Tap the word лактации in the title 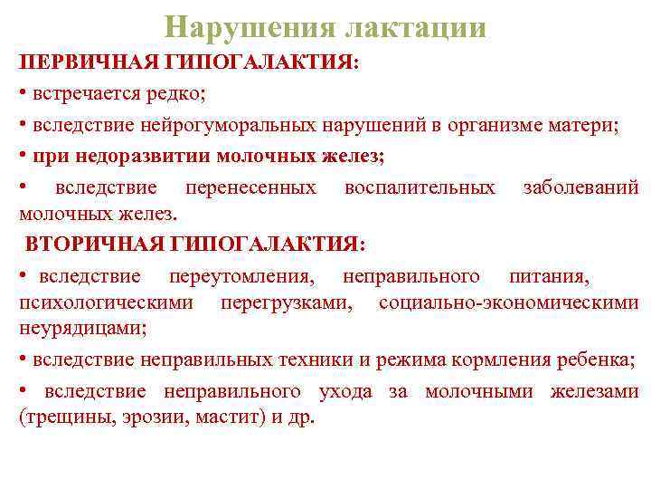[x=415, y=27]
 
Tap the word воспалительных [x=420, y=187]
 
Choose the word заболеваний [x=580, y=187]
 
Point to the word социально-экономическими [x=508, y=302]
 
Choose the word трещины [x=60, y=418]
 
